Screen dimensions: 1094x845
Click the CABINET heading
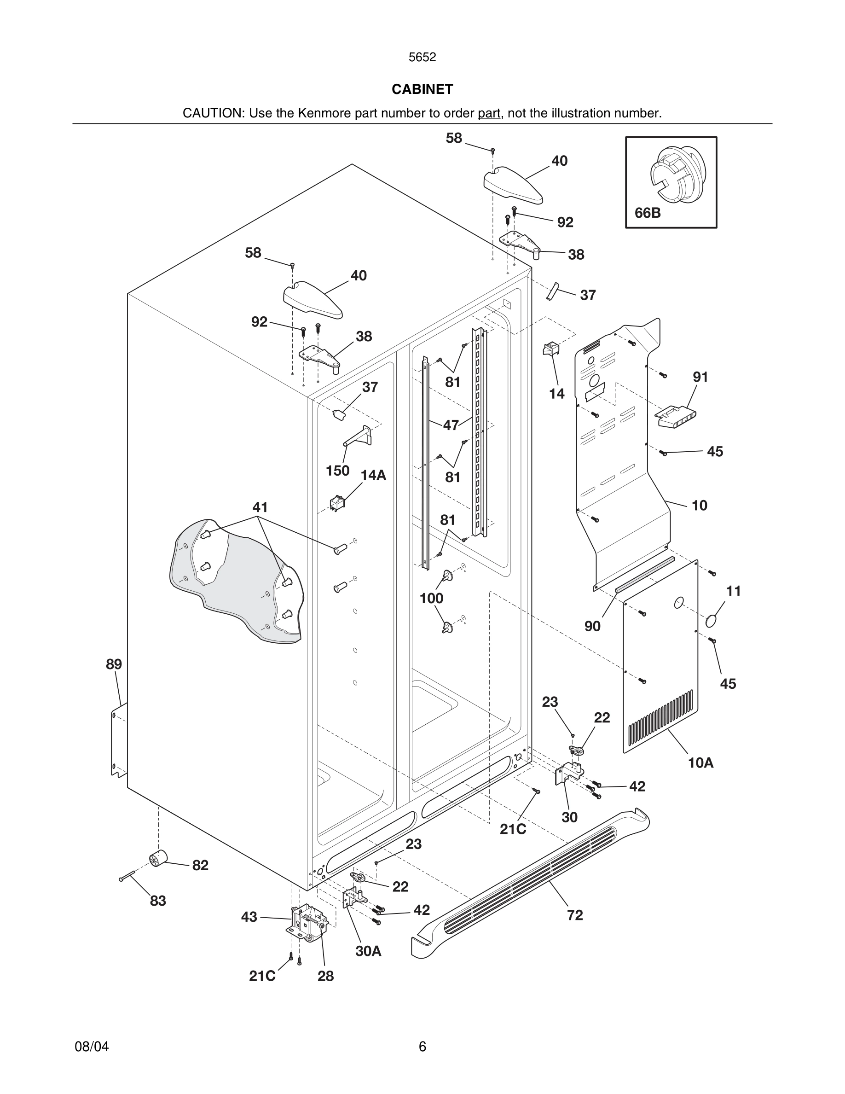tap(422, 89)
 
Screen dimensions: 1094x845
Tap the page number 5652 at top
tap(422, 57)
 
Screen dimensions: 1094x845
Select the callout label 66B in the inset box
tap(647, 213)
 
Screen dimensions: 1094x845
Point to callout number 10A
tap(700, 763)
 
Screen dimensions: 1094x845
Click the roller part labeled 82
tap(158, 860)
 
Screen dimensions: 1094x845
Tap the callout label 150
tap(337, 471)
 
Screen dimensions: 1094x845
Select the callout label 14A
tap(373, 475)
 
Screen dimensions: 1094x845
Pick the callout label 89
tap(114, 664)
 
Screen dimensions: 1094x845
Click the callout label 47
tap(451, 425)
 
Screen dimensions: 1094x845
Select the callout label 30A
tap(369, 951)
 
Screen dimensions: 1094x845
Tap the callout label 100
tap(431, 598)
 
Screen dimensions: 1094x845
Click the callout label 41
tap(260, 507)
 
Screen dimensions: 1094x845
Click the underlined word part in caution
tap(489, 113)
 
